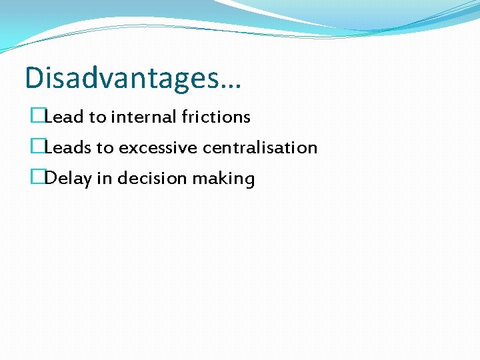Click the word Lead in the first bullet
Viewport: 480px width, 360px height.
point(64,117)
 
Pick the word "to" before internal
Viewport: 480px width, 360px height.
point(97,117)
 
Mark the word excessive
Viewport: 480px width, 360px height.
point(158,148)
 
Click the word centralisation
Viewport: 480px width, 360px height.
point(260,148)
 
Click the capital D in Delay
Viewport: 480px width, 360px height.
point(49,179)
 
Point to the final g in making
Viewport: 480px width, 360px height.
point(249,181)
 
